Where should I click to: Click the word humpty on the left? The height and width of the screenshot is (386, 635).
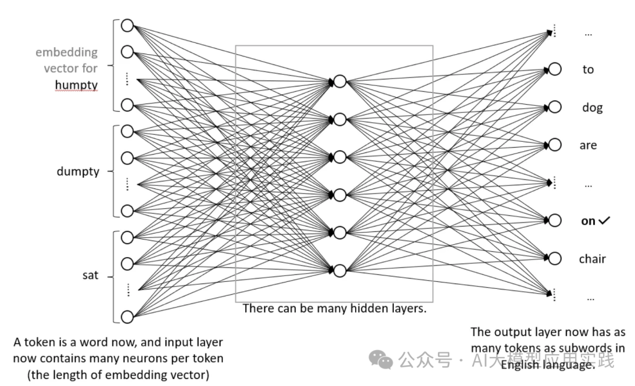(x=76, y=85)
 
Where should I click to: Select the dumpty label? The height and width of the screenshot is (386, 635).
(x=78, y=172)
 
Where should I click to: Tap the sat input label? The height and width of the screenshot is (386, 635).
(x=90, y=275)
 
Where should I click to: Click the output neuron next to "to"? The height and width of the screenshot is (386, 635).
(x=554, y=69)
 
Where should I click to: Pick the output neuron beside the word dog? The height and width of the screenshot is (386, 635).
(x=554, y=107)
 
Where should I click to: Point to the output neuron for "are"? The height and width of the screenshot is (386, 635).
(x=554, y=145)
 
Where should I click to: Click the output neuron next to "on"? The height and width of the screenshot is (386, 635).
(x=554, y=220)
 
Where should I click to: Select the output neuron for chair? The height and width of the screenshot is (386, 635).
(x=554, y=258)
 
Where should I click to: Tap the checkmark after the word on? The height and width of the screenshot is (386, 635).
(x=604, y=221)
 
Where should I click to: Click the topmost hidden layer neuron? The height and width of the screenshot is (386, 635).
(x=340, y=81)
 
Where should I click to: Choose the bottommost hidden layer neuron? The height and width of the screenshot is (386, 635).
(x=340, y=271)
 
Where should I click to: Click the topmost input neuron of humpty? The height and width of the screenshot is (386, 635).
(x=127, y=25)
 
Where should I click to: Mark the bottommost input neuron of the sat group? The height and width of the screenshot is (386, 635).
(x=127, y=317)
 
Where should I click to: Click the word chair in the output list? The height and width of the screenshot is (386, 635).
(x=591, y=259)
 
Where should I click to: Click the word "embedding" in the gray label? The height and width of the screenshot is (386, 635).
(x=66, y=52)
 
